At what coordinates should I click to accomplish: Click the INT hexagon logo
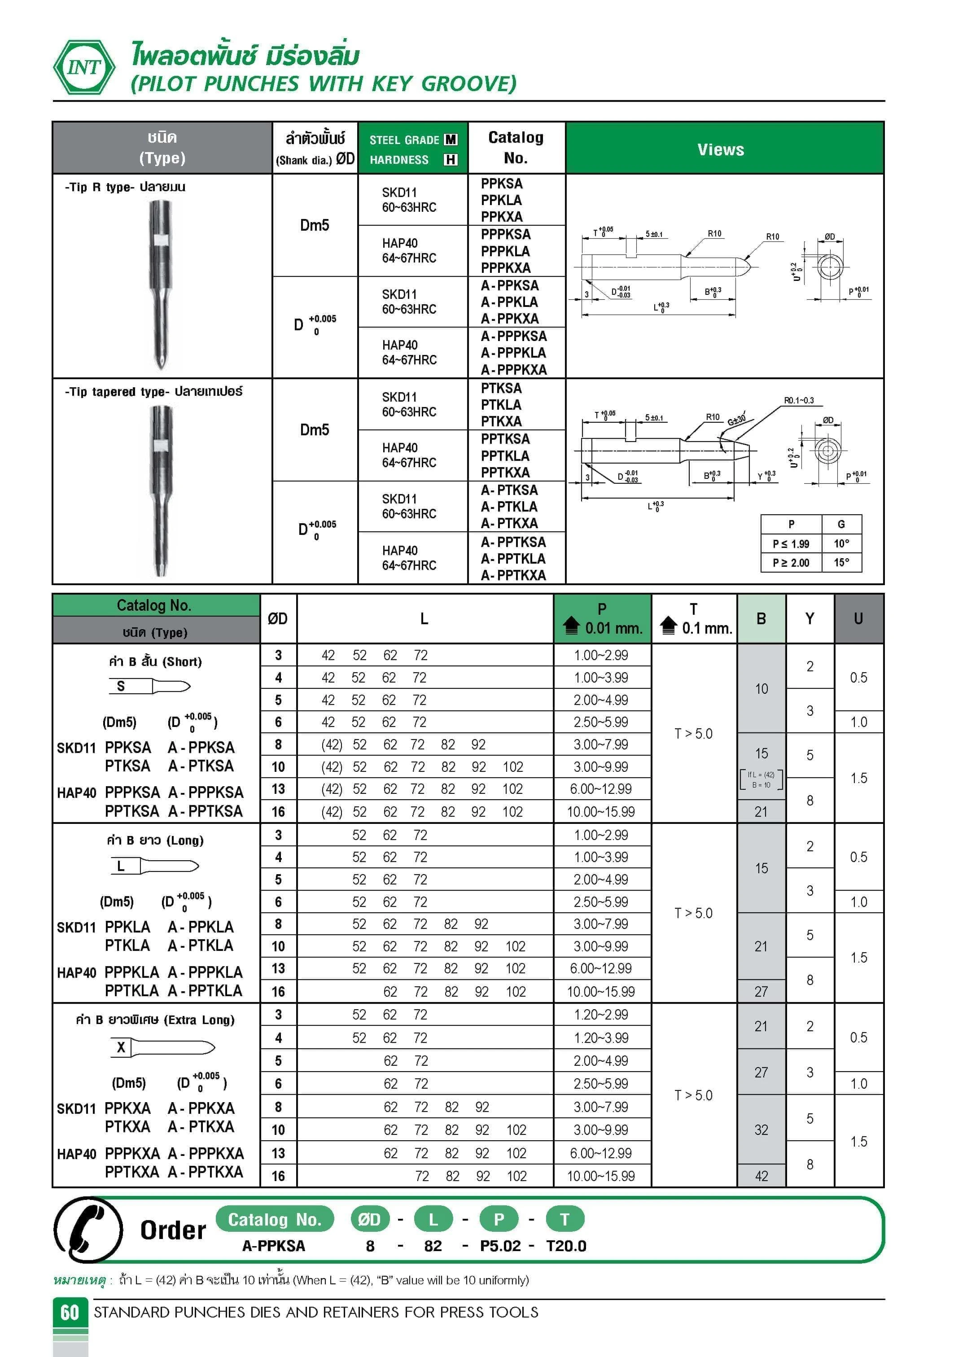click(x=84, y=67)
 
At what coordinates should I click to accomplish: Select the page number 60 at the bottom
click(x=70, y=1312)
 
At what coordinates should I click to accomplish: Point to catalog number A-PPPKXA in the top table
click(x=513, y=369)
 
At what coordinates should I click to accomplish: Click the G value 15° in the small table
click(x=841, y=562)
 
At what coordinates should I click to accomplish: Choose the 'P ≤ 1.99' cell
click(x=790, y=543)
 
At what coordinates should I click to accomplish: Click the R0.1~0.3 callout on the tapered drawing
click(x=799, y=400)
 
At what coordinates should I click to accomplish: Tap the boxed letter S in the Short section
click(x=121, y=686)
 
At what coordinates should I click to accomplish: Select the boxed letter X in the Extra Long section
click(x=121, y=1047)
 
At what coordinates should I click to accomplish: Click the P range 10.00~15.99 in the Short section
click(x=600, y=811)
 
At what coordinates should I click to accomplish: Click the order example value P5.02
click(x=500, y=1246)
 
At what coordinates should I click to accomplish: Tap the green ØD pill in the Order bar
click(x=369, y=1219)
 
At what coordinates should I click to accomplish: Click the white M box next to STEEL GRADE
click(x=451, y=140)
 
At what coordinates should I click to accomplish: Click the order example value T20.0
click(x=566, y=1246)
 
